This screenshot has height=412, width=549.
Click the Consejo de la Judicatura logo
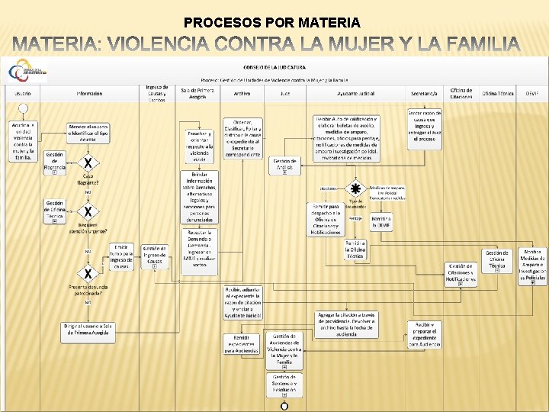(x=26, y=72)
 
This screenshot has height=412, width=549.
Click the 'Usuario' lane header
(x=22, y=93)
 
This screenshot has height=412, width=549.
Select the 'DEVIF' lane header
(x=531, y=93)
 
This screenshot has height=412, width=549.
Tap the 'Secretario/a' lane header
(x=424, y=93)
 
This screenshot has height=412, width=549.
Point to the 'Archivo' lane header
(x=242, y=93)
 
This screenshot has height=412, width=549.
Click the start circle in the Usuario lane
(x=23, y=108)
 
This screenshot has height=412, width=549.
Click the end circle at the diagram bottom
(x=284, y=406)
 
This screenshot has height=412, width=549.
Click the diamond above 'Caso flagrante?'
(x=89, y=163)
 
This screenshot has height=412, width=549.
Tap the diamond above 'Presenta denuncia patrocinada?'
(x=89, y=274)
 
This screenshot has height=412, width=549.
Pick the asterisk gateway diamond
(x=355, y=188)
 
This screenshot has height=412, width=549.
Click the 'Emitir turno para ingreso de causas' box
(x=121, y=256)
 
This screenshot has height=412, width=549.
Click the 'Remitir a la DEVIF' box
(x=381, y=222)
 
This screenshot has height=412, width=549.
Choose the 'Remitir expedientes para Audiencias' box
(x=242, y=344)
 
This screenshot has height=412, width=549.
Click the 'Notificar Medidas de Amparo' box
(x=534, y=266)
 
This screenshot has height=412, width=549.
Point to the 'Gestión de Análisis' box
(x=284, y=165)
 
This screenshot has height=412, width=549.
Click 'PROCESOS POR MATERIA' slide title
(x=272, y=23)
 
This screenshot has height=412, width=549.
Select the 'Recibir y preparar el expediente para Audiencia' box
(x=425, y=333)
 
